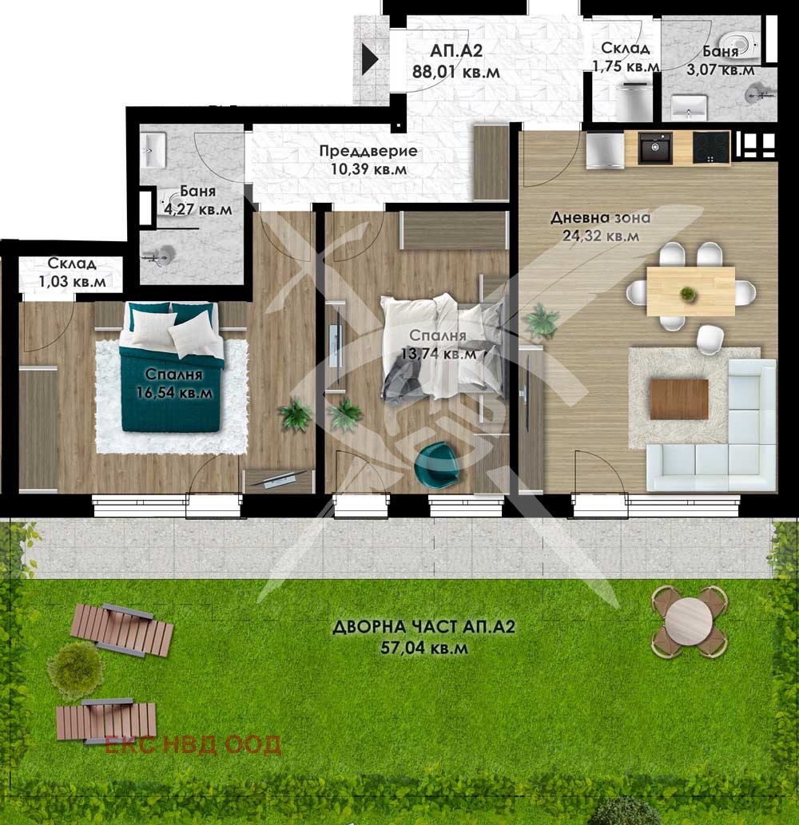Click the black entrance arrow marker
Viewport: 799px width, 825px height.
pos(370,60)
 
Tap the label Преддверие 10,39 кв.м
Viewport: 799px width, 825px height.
pos(368,160)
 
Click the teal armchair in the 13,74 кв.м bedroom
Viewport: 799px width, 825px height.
pos(436,464)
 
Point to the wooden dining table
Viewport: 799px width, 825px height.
pos(690,292)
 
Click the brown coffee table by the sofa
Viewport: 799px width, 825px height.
pos(679,399)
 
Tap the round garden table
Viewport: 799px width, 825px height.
pos(689,621)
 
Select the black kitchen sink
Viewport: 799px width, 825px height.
pos(654,149)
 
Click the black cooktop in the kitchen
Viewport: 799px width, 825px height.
pos(711,148)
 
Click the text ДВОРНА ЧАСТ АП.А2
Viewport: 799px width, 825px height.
pos(423,628)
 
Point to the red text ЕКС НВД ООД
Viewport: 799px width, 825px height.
pos(193,745)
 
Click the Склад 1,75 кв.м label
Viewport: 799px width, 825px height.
pos(625,58)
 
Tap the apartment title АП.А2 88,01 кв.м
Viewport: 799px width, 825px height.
pos(456,61)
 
